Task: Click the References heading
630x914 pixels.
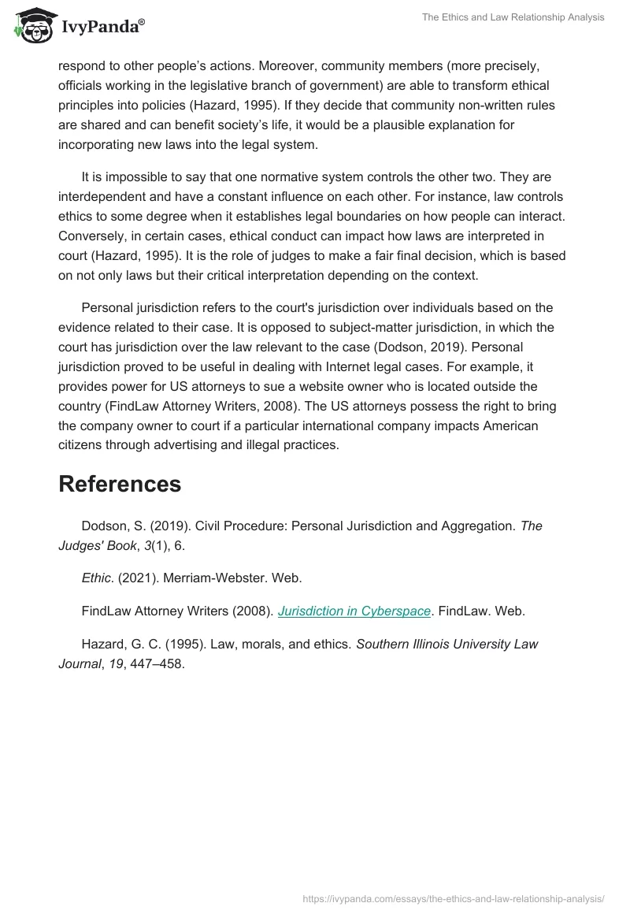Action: pyautogui.click(x=120, y=484)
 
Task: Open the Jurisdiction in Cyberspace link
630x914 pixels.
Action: pyautogui.click(x=354, y=611)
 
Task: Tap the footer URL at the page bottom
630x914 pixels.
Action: pyautogui.click(x=454, y=898)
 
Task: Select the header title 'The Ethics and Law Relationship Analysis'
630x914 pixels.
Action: pyautogui.click(x=513, y=17)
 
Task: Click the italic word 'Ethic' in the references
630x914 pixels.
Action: pyautogui.click(x=97, y=578)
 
